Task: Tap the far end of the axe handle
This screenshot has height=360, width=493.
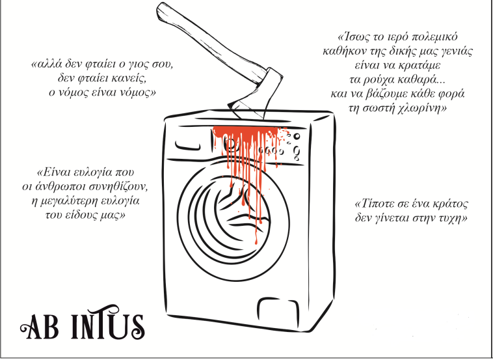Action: click(162, 9)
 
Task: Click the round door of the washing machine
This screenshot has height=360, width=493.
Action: click(233, 222)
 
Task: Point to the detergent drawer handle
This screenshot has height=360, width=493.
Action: click(187, 145)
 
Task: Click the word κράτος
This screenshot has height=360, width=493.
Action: click(450, 204)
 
